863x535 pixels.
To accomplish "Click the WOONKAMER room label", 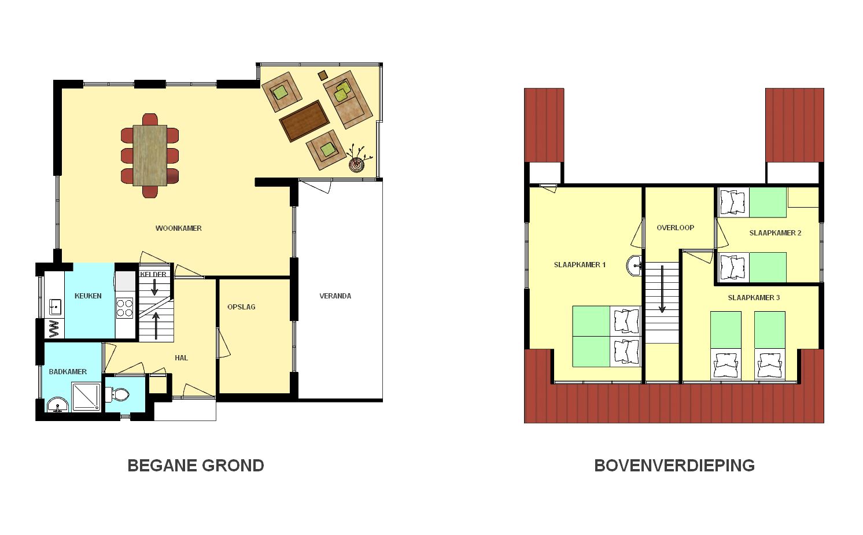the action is (178, 228).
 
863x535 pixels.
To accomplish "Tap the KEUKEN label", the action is (88, 296).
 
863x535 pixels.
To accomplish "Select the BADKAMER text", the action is (68, 372).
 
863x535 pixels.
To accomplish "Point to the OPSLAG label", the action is (242, 307).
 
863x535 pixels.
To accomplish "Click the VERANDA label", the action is (335, 296).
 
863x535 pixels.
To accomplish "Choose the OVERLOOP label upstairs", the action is (676, 228).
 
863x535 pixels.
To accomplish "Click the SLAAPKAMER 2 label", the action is (775, 233).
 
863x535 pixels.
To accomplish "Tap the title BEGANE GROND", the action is (196, 465).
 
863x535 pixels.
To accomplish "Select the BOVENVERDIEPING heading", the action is (674, 465).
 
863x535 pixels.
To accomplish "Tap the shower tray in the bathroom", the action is (86, 397).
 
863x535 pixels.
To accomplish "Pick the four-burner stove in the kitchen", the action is (125, 308).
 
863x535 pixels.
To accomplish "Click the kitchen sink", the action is (56, 307).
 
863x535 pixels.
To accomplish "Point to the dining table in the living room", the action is (150, 155).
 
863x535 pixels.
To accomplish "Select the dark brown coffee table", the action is (305, 121).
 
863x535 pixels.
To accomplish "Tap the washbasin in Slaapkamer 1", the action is (634, 265).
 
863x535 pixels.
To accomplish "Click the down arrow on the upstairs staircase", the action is (662, 289).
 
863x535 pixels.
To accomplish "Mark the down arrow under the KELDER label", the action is (154, 287).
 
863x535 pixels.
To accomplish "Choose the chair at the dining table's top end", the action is (150, 119).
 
